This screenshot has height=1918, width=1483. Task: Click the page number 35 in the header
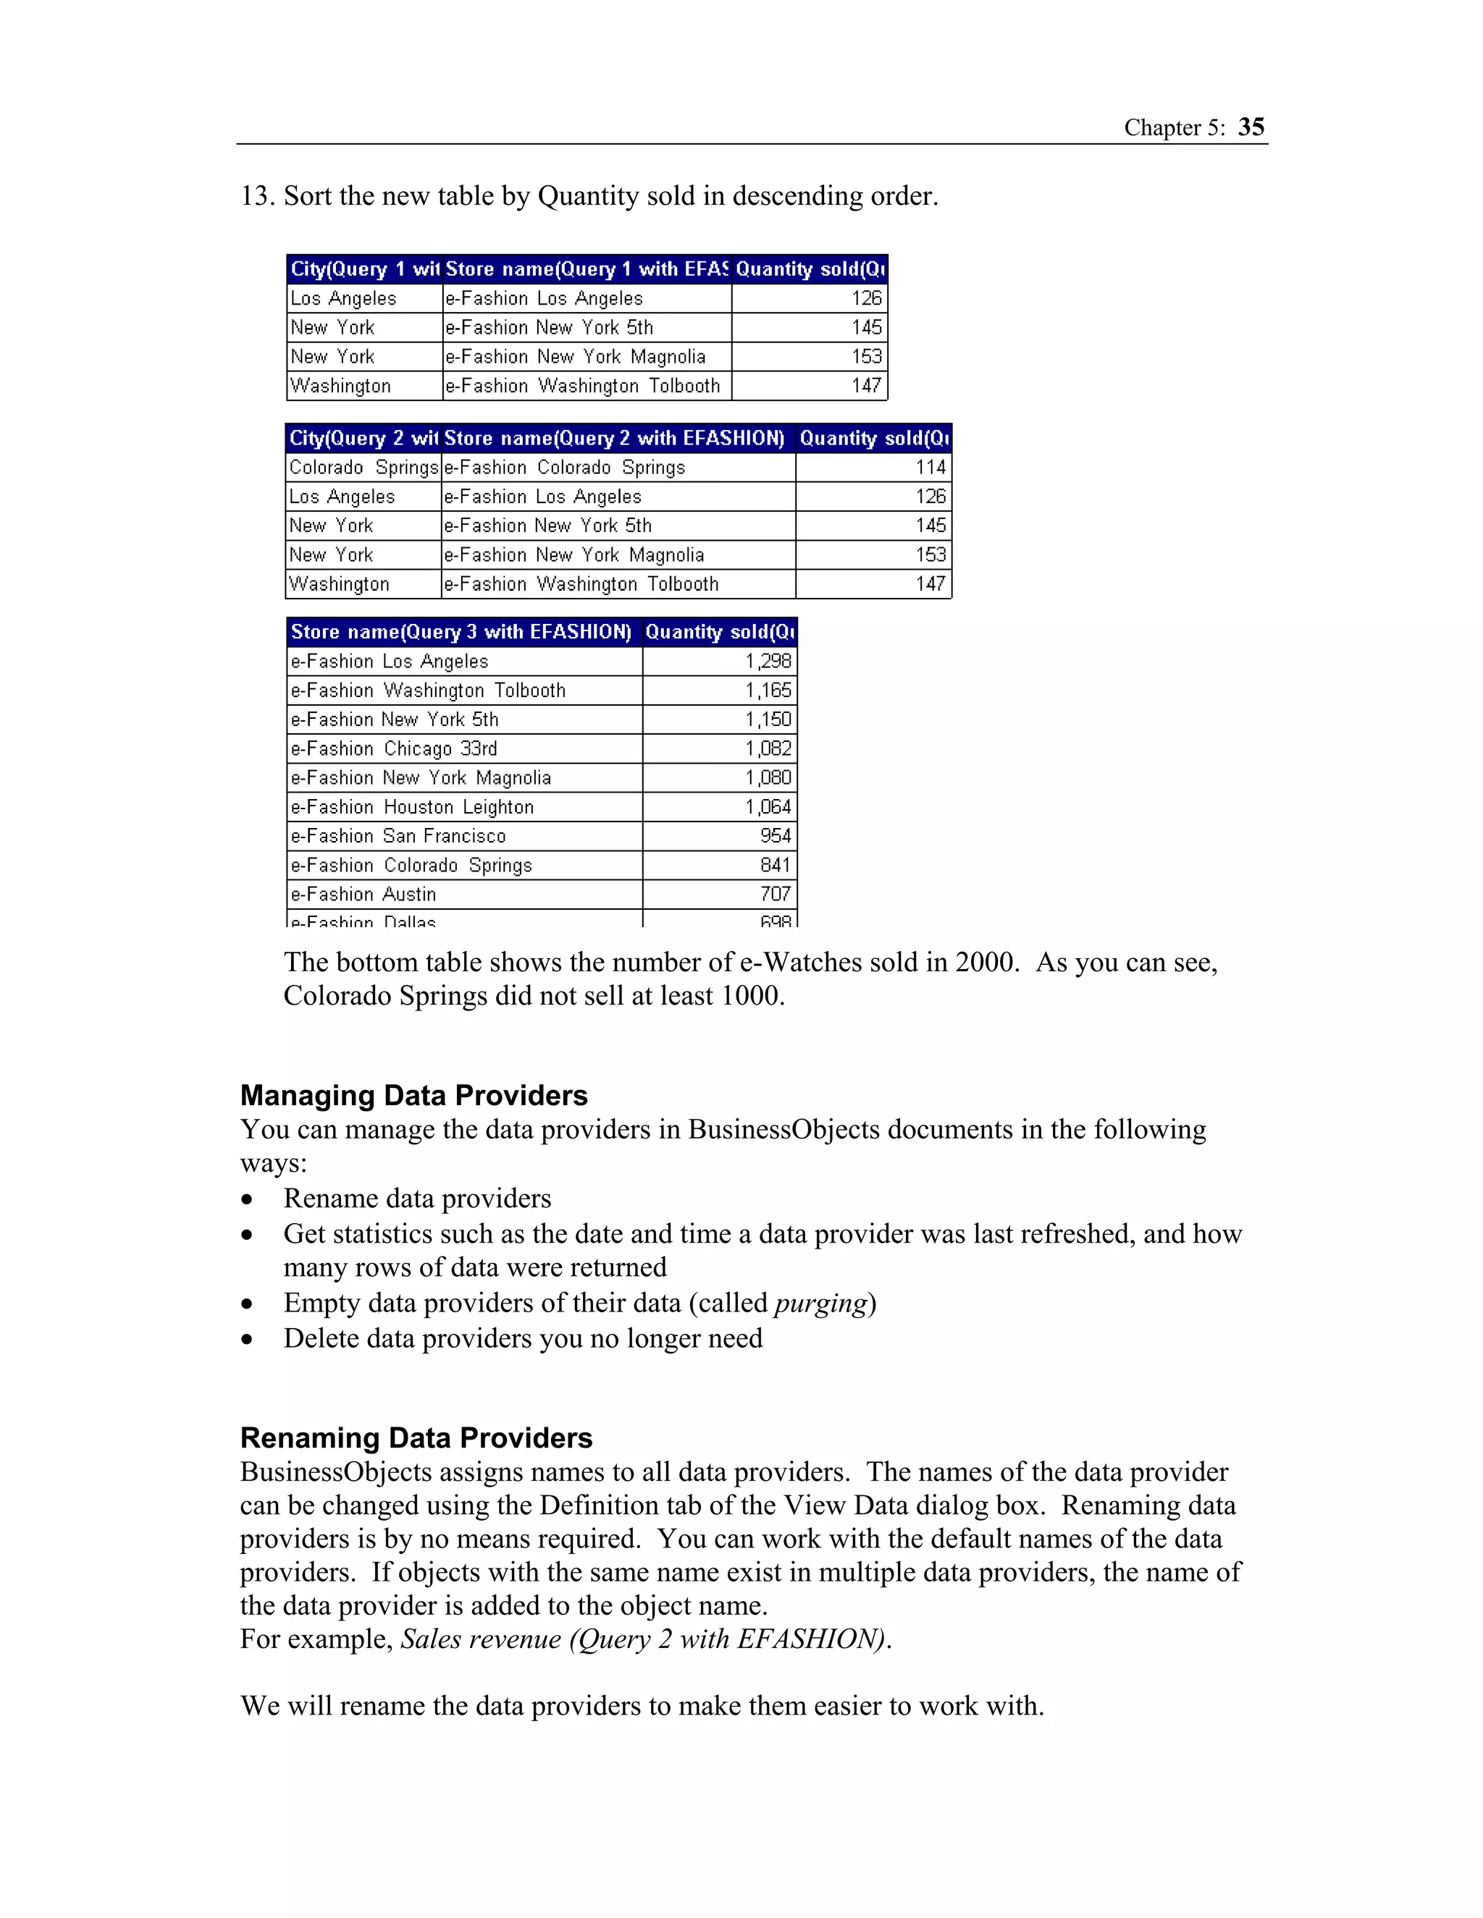point(1251,127)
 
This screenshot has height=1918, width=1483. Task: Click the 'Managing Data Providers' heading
point(413,1095)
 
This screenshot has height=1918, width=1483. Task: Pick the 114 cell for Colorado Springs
point(930,468)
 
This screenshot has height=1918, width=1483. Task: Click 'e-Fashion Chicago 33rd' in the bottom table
point(394,748)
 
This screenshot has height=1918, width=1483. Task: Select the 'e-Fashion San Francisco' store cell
point(398,836)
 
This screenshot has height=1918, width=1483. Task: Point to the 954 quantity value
point(775,836)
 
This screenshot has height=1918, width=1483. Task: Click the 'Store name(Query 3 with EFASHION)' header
point(461,633)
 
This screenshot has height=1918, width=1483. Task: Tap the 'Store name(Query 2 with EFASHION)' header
point(614,438)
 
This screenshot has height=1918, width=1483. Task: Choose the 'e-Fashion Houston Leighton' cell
point(412,807)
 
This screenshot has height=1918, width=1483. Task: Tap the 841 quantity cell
point(775,865)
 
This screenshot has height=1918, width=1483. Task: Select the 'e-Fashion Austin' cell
point(363,894)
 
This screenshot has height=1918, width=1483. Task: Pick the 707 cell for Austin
point(775,894)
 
